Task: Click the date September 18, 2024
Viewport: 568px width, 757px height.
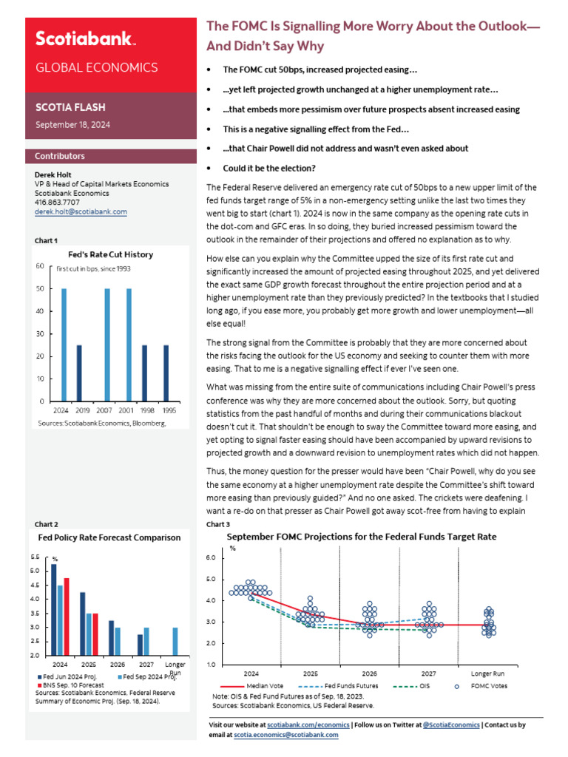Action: point(73,125)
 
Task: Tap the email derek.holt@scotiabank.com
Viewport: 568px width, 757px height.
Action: point(81,211)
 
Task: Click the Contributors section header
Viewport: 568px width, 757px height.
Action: point(60,156)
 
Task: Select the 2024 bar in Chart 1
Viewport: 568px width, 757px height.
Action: point(64,344)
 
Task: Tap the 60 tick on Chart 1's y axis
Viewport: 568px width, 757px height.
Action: point(40,266)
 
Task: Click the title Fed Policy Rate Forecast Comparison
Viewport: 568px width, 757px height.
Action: point(109,537)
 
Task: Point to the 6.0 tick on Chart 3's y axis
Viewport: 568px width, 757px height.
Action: point(231,557)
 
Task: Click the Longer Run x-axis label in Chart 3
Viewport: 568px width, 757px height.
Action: point(487,673)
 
